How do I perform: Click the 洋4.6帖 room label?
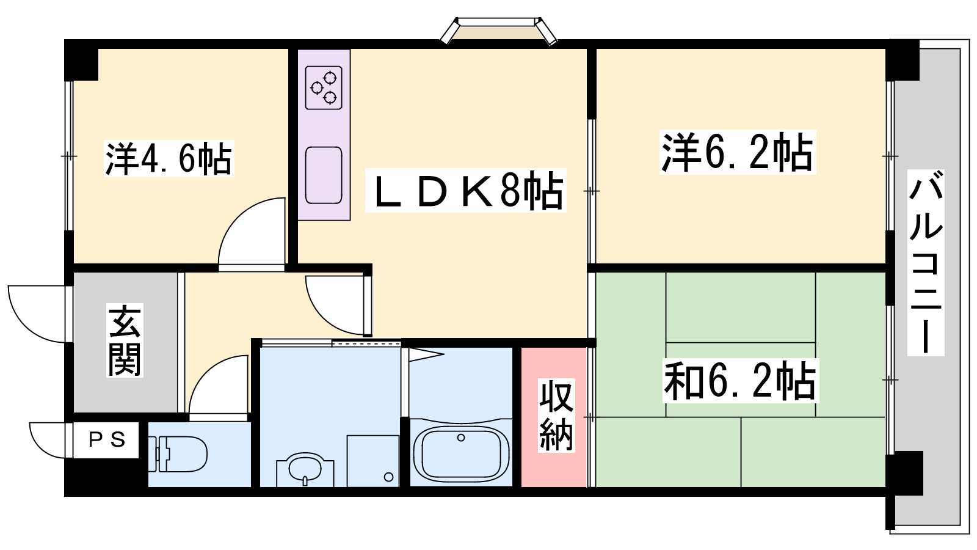pos(169,158)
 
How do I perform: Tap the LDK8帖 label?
pos(465,190)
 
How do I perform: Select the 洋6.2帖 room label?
pos(738,152)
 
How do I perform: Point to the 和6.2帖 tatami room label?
pos(741,380)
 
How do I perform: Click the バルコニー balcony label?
pos(926,263)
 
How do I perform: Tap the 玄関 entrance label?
pos(125,341)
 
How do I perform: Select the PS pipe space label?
pos(107,439)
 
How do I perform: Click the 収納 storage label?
pos(556,415)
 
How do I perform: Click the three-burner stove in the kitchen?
pos(324,87)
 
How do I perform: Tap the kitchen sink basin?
pos(324,175)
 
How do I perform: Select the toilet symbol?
pos(176,454)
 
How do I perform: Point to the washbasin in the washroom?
pos(305,469)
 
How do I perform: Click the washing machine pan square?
pos(373,461)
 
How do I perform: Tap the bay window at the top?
pos(498,31)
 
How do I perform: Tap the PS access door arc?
pos(37,447)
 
